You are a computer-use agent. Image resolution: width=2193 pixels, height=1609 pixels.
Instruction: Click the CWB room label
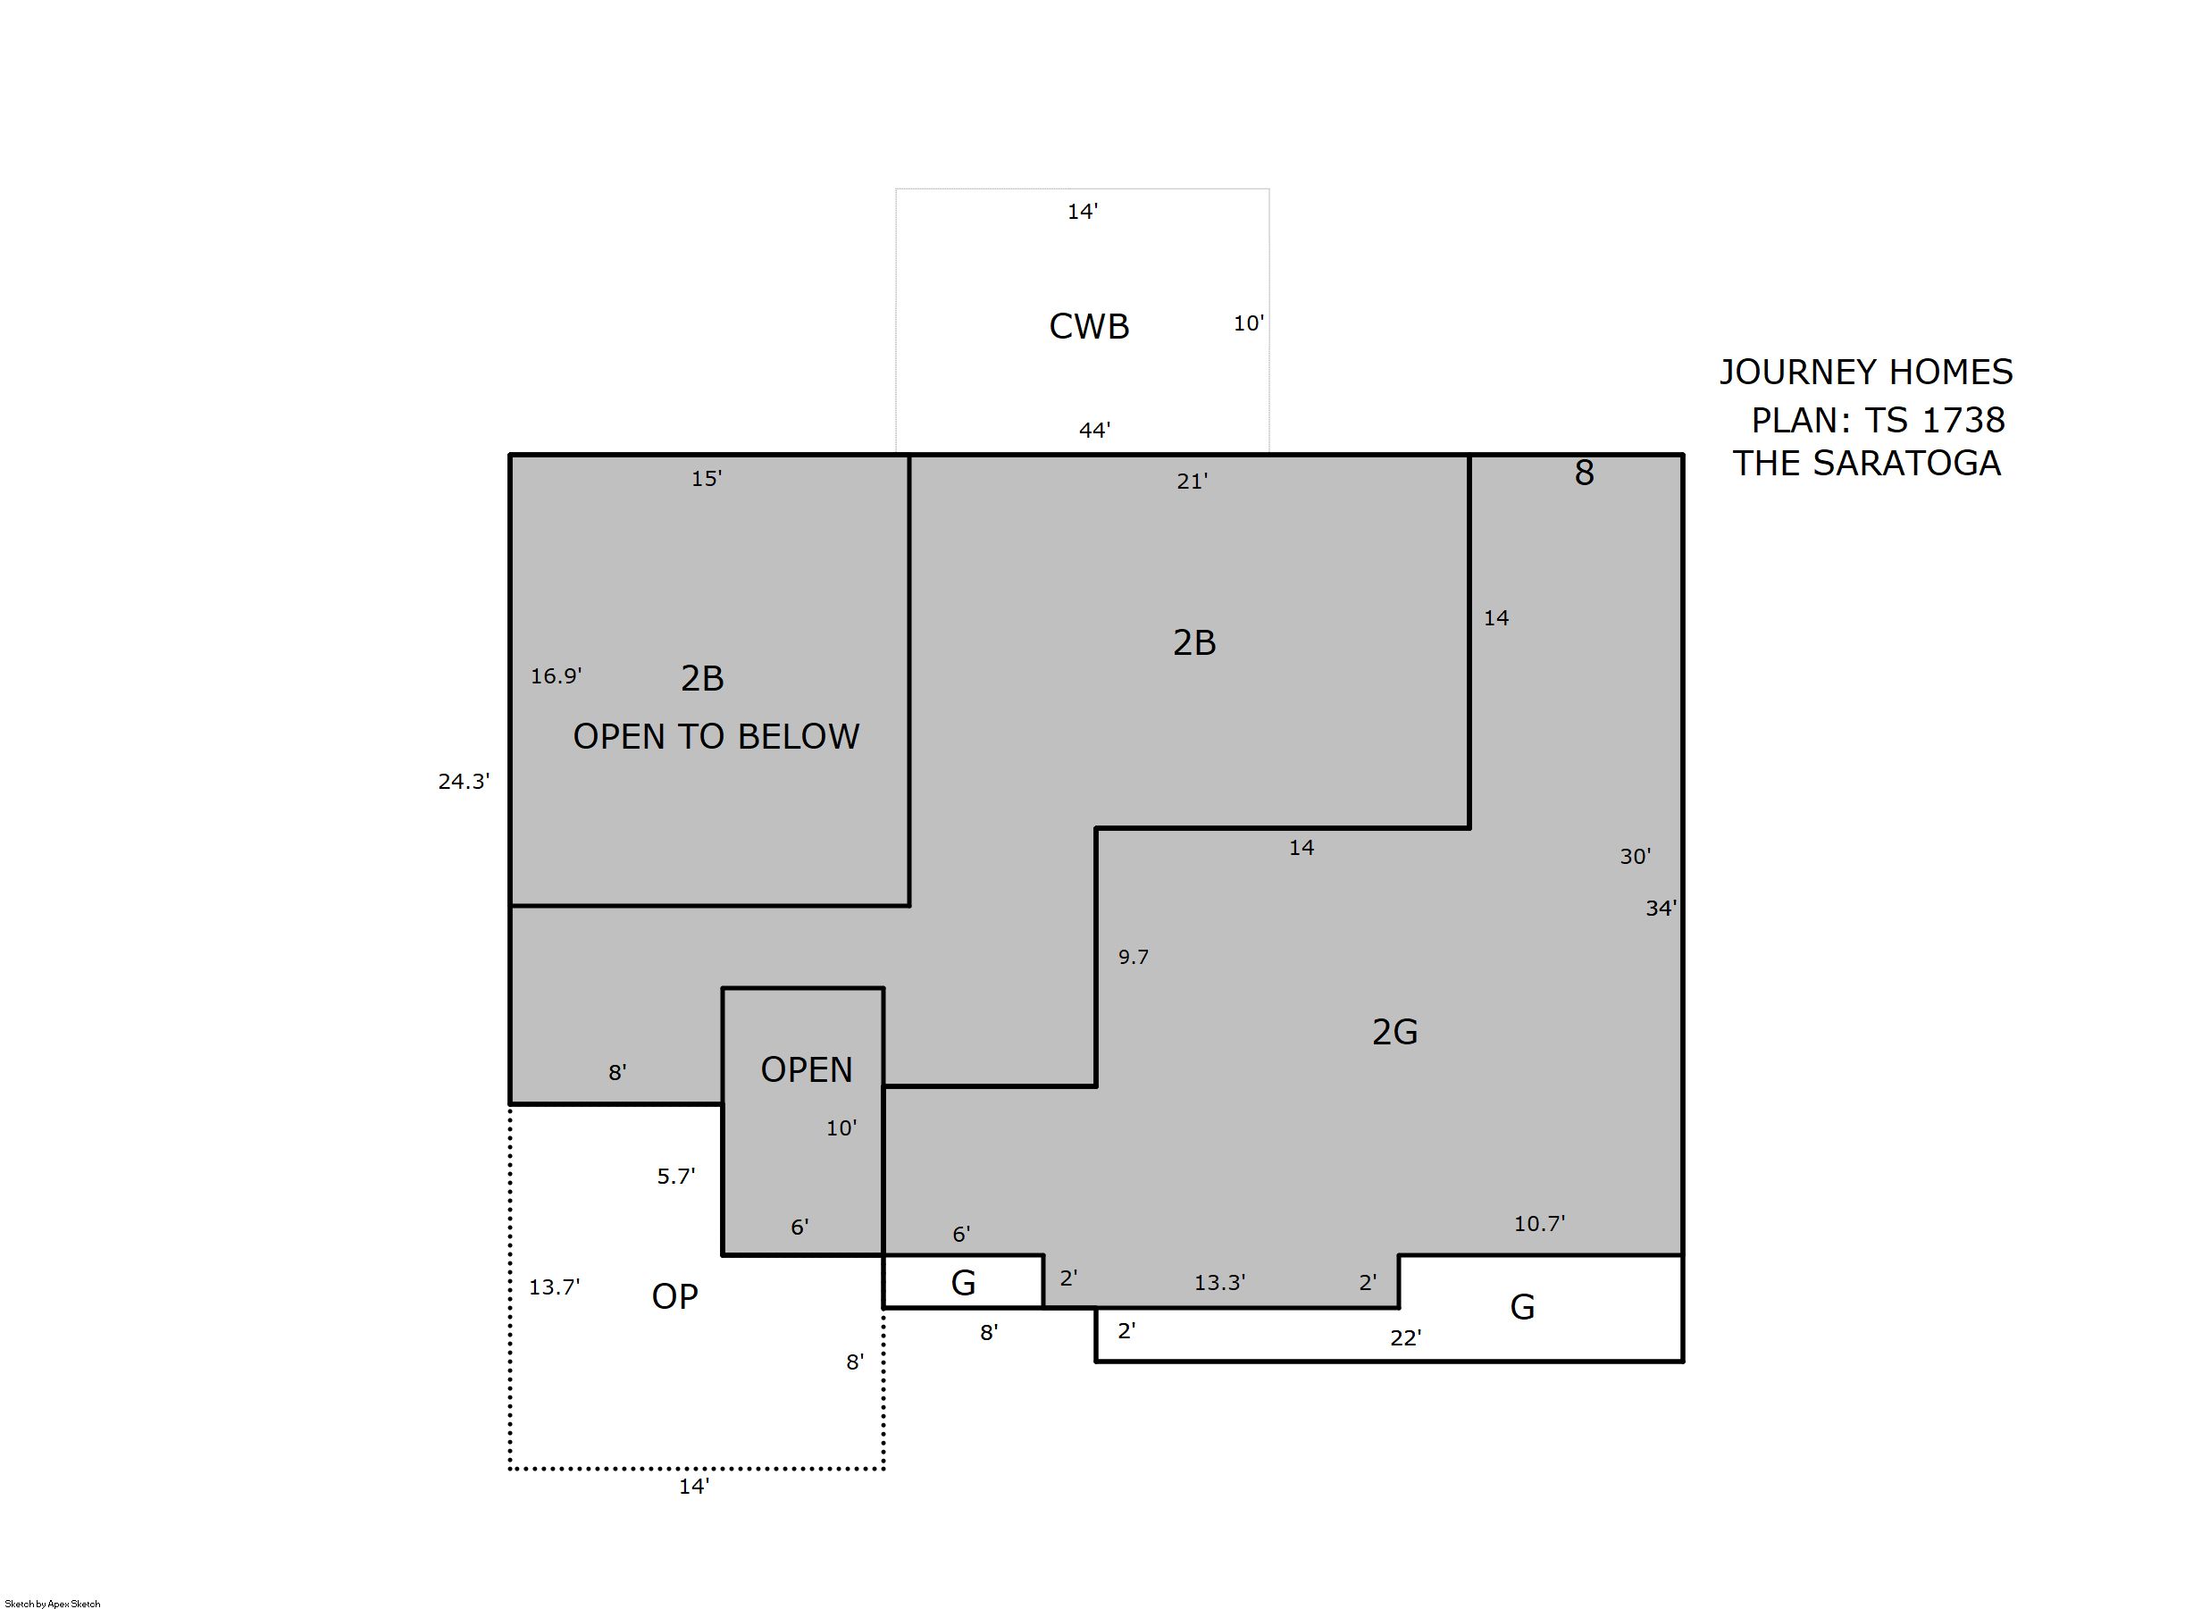click(x=1089, y=326)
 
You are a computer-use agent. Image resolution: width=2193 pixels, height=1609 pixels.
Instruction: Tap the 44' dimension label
click(x=1094, y=430)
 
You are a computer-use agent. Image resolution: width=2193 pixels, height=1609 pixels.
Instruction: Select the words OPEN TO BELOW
click(x=716, y=736)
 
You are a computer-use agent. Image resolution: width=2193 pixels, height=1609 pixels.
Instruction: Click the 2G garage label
click(x=1394, y=1032)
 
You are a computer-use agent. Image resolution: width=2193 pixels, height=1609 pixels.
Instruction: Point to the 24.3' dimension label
click(x=464, y=781)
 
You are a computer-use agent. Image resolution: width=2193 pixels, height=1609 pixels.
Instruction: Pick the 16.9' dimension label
click(x=556, y=676)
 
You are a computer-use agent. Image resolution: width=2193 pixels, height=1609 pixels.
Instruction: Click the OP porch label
click(x=674, y=1296)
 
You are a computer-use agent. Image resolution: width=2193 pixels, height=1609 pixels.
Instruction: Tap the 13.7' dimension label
click(x=554, y=1286)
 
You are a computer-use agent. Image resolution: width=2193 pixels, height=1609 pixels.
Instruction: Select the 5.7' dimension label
click(x=676, y=1176)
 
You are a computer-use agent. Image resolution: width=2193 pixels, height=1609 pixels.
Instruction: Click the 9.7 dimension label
click(x=1134, y=957)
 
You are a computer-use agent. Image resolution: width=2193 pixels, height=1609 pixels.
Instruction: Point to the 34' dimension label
click(x=1661, y=908)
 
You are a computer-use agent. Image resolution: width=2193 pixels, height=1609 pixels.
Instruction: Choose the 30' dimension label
click(x=1635, y=856)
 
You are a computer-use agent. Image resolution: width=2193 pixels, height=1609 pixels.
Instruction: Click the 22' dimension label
click(x=1405, y=1338)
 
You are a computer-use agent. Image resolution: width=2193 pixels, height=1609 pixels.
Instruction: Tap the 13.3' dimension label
click(x=1220, y=1283)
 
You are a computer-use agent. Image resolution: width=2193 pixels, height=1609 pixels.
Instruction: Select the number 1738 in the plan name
click(x=1963, y=420)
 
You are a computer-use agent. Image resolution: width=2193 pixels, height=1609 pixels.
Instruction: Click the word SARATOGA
click(x=1906, y=463)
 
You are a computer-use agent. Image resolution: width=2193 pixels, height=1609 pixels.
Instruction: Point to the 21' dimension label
click(x=1192, y=482)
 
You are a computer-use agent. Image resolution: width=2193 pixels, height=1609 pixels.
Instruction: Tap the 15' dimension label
click(x=706, y=478)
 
